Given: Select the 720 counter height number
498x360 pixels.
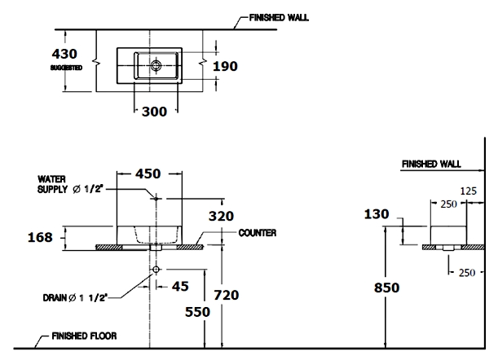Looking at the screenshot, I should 225,295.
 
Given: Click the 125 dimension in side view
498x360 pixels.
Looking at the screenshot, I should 469,191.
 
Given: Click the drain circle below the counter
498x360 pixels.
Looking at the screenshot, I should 154,268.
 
